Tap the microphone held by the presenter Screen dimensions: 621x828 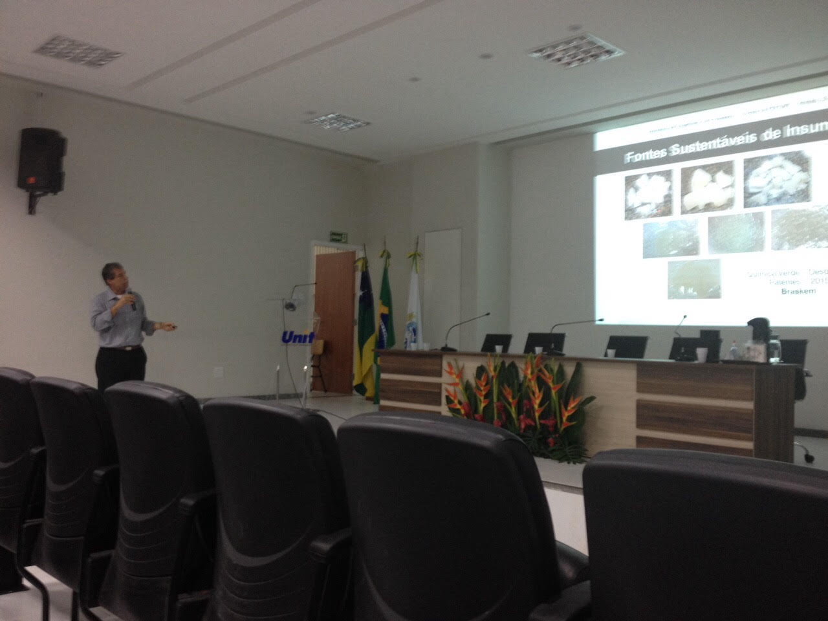click(x=131, y=300)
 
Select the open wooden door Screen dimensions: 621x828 click(x=334, y=320)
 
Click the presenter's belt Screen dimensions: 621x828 click(x=120, y=347)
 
